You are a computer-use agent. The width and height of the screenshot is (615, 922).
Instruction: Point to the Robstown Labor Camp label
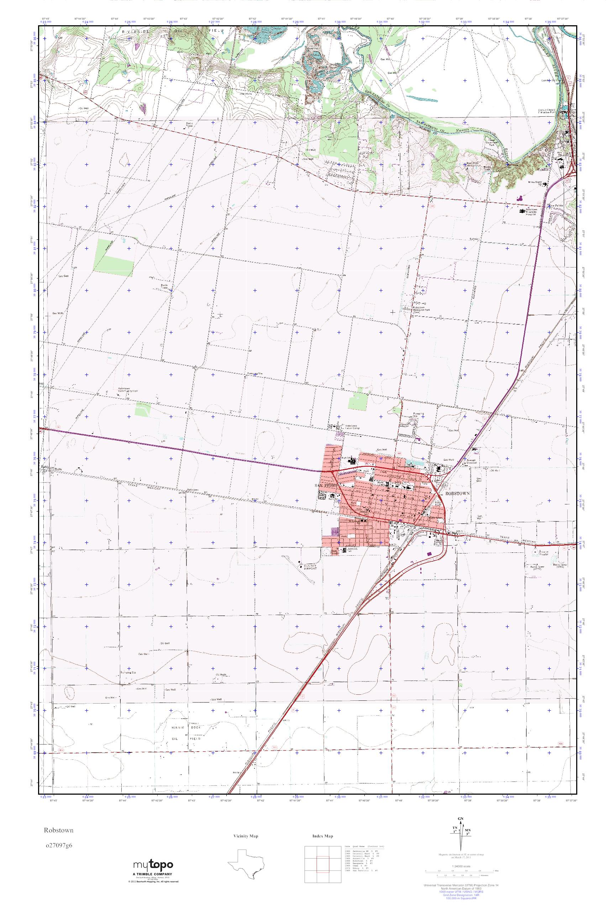tap(351, 426)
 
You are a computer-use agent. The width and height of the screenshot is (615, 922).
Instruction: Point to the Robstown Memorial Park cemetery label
tap(422, 310)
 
